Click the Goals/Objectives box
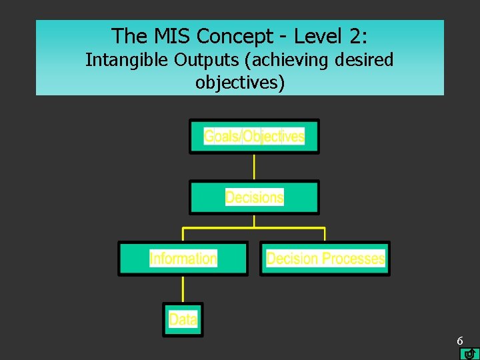coord(254,137)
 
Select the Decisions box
coord(254,197)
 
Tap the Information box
coord(183,259)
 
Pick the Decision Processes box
coord(325,259)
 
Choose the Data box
coord(183,319)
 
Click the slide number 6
coord(460,341)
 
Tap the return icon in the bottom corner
coord(470,353)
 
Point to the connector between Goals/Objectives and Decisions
coord(254,167)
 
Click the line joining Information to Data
coord(183,289)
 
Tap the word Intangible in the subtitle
coord(127,60)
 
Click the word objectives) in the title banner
coord(240,83)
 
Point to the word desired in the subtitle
coord(365,60)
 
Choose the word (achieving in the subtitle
coord(288,60)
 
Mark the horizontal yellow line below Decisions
coord(254,228)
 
